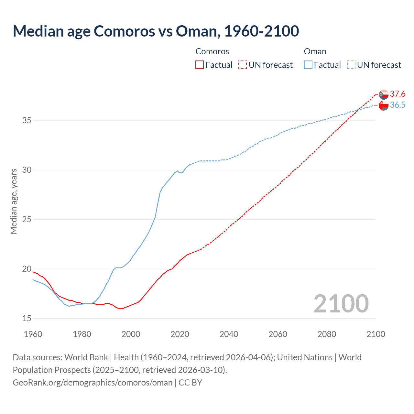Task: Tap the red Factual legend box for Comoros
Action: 200,65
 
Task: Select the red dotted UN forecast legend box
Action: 243,65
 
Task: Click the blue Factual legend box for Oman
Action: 308,65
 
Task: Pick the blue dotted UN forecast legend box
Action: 351,65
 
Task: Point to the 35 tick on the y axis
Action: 27,121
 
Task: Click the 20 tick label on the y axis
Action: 27,269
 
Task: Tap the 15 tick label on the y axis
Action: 27,319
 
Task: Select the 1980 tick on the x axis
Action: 82,334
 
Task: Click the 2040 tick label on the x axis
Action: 229,334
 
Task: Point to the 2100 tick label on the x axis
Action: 376,334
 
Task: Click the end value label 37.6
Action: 398,94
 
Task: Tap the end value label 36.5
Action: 398,105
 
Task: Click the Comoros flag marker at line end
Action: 384,94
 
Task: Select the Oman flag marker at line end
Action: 384,105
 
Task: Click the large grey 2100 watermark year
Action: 341,304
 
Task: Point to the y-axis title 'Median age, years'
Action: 14,201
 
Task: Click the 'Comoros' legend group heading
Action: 212,51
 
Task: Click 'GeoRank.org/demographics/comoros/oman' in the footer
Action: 93,383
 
